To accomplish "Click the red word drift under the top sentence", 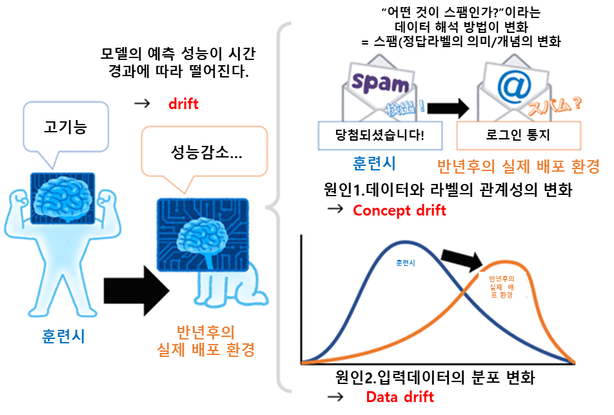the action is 183,103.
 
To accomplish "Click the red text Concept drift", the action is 399,210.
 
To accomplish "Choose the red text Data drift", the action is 400,396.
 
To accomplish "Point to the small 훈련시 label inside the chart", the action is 406,263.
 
